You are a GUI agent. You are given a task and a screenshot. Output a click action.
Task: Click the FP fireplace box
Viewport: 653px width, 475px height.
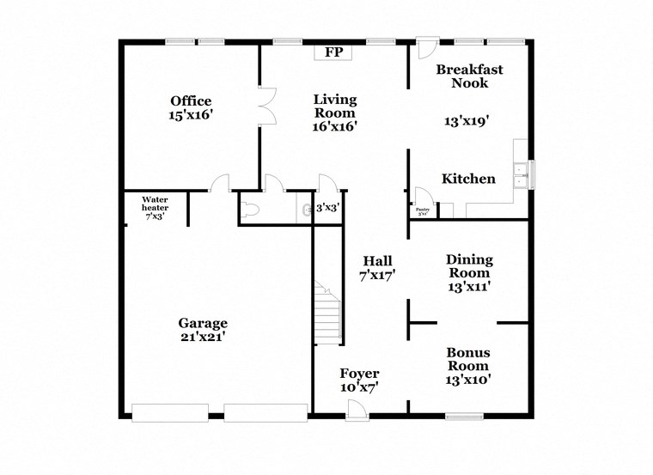(x=333, y=53)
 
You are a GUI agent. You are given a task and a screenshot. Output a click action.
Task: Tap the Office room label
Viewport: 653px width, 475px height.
(x=190, y=101)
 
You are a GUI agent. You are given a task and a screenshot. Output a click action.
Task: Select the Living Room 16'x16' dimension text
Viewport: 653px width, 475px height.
(x=334, y=125)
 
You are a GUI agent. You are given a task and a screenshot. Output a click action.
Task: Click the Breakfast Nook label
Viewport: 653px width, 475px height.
(x=468, y=76)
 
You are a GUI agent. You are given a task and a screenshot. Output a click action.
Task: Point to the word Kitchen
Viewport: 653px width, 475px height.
(x=468, y=179)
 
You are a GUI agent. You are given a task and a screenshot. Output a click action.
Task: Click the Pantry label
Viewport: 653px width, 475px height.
(x=422, y=210)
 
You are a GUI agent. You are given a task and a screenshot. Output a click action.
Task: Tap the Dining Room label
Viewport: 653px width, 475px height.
(x=469, y=266)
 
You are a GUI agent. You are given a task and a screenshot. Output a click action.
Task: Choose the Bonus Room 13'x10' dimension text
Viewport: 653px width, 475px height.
(x=469, y=378)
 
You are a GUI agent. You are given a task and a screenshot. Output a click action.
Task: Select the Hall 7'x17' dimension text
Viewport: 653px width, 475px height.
(x=376, y=276)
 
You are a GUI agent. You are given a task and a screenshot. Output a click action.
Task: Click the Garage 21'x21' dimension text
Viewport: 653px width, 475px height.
(x=203, y=337)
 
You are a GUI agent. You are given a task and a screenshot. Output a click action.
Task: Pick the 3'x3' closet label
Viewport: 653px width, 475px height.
(x=326, y=208)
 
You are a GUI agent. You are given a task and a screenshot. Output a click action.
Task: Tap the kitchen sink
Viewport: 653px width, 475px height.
(x=521, y=175)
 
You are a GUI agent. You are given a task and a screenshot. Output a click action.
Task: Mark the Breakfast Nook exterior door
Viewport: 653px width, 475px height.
(x=425, y=48)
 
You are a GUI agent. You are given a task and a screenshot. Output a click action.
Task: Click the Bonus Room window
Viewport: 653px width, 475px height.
(x=463, y=417)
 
